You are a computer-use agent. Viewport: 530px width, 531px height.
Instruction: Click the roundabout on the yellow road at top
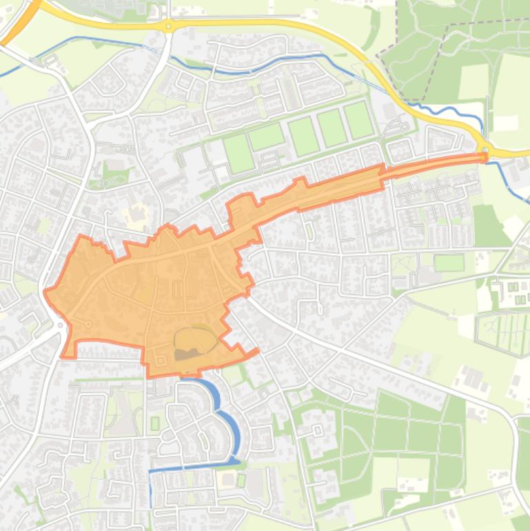167,26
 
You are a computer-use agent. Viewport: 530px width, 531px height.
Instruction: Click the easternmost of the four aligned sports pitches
358,120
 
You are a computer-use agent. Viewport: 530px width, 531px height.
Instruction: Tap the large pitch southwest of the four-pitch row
238,153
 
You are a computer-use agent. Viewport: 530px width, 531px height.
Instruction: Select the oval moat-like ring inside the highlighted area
196,339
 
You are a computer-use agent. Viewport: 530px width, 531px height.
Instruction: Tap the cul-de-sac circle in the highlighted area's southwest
88,324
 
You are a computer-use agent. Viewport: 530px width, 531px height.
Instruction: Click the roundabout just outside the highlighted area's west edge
61,324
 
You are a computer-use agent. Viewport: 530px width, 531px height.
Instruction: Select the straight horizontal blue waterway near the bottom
193,467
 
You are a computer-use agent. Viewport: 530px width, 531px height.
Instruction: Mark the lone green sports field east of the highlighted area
449,263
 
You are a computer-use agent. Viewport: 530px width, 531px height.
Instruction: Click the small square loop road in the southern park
318,430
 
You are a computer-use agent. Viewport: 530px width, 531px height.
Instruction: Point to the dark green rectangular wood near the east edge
487,225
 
